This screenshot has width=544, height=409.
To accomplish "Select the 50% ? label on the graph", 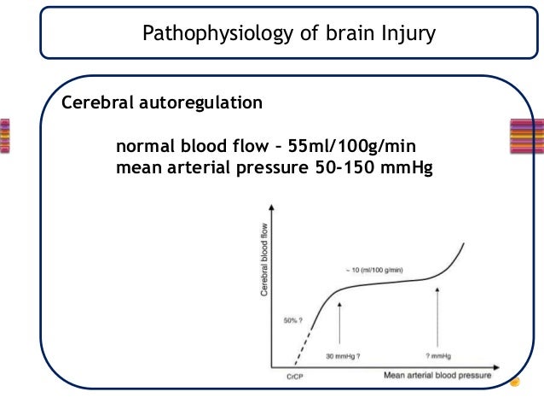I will pyautogui.click(x=293, y=321).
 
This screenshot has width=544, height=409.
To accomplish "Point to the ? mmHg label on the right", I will pyautogui.click(x=438, y=354).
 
